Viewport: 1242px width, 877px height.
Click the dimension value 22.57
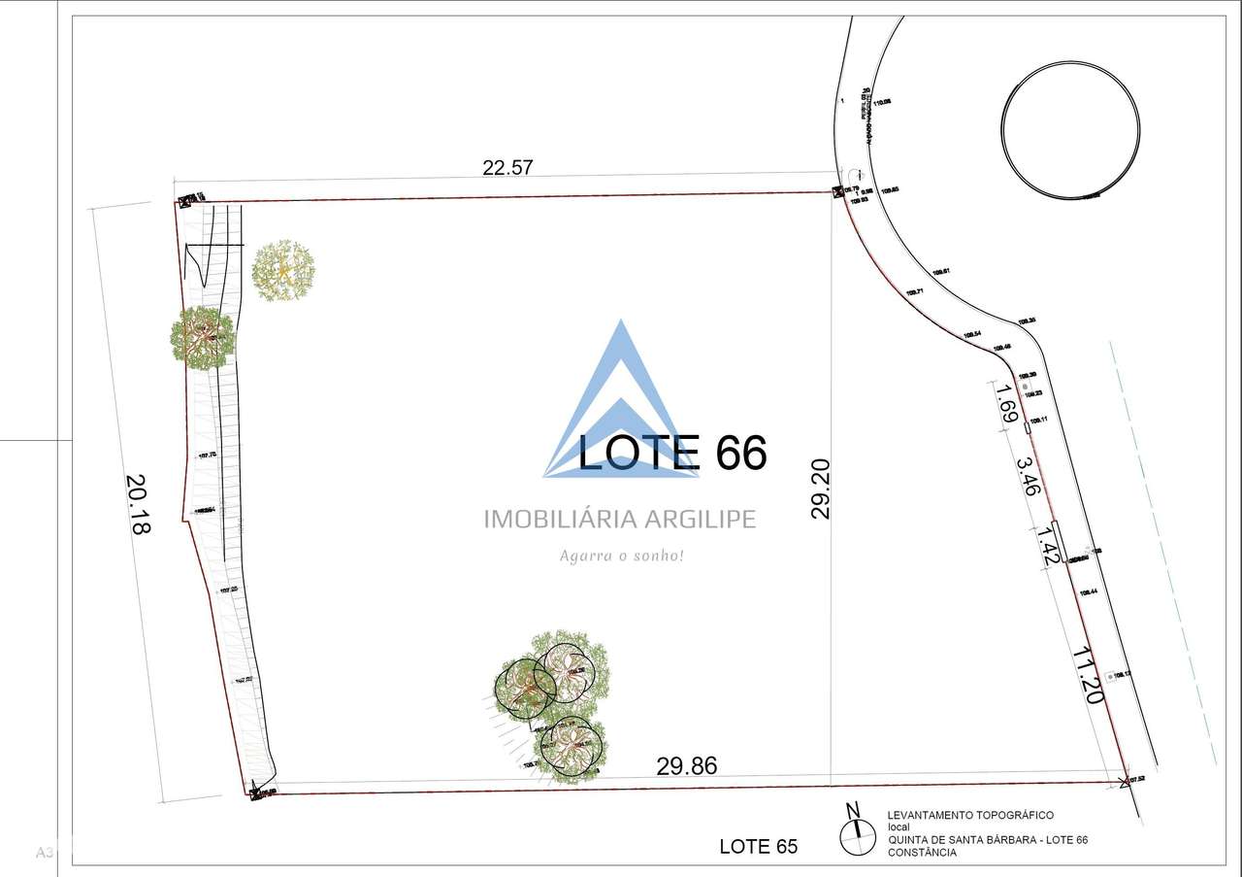pos(507,167)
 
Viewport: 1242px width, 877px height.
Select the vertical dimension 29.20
pos(821,489)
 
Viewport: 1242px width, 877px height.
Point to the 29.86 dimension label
pos(687,766)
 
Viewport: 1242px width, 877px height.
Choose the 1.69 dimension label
pos(1006,403)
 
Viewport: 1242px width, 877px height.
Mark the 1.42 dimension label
pos(1048,547)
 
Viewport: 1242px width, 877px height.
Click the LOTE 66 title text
pos(672,453)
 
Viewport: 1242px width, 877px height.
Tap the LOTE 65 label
pos(758,847)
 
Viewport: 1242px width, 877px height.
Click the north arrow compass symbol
pos(855,826)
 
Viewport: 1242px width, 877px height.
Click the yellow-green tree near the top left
pos(283,271)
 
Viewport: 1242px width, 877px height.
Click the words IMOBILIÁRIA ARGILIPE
pos(620,520)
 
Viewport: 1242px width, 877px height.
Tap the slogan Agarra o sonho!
pos(622,557)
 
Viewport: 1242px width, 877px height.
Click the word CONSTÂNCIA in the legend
pos(922,853)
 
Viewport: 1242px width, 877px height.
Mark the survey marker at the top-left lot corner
pos(182,202)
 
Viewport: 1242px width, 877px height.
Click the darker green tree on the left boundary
pos(202,338)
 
